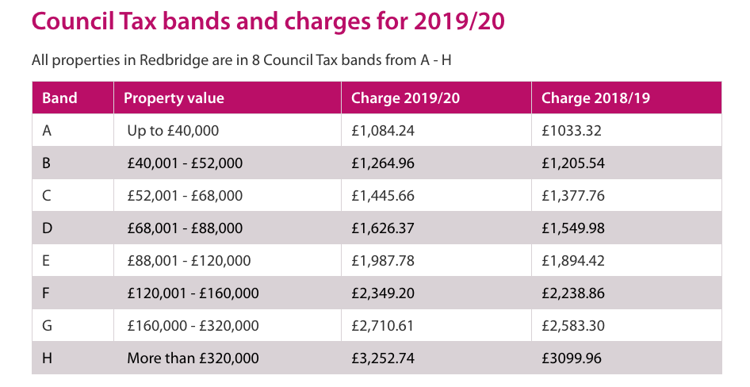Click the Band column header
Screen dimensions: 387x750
[59, 98]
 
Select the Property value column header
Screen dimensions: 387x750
[174, 98]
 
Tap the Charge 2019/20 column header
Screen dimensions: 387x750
[405, 98]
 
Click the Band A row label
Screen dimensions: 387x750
[48, 131]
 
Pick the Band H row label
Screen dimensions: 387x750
[48, 358]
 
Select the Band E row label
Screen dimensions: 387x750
[47, 261]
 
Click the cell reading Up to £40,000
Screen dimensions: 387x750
[173, 131]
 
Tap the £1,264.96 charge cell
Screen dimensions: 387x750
[383, 163]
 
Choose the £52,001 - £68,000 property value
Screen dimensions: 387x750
[185, 196]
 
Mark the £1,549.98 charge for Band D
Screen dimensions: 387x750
[573, 228]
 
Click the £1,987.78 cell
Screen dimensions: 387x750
[383, 261]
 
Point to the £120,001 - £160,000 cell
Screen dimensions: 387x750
[193, 293]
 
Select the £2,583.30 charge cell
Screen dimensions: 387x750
[573, 326]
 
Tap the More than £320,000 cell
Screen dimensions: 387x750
[193, 358]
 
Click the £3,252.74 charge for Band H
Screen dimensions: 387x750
[383, 358]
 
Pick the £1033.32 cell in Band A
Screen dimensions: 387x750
[572, 131]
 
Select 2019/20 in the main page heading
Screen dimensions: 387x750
[459, 21]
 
